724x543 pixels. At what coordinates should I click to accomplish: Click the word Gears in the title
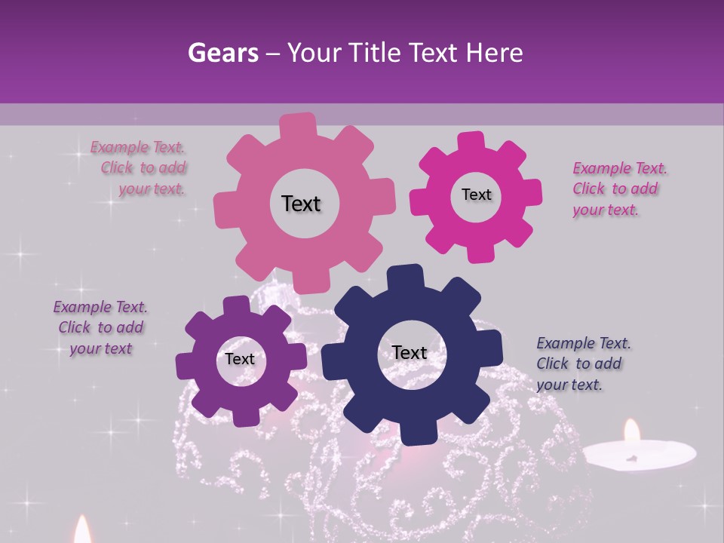coord(222,53)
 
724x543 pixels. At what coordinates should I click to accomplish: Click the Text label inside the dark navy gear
coord(410,352)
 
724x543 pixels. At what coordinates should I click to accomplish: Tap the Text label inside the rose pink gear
coord(301,204)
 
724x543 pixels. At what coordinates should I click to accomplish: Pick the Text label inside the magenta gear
coord(476,195)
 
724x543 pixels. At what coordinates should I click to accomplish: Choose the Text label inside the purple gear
coord(240,359)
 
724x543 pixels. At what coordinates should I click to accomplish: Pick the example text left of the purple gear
coord(100,328)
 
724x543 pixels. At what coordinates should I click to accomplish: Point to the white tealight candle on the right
coord(638,453)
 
